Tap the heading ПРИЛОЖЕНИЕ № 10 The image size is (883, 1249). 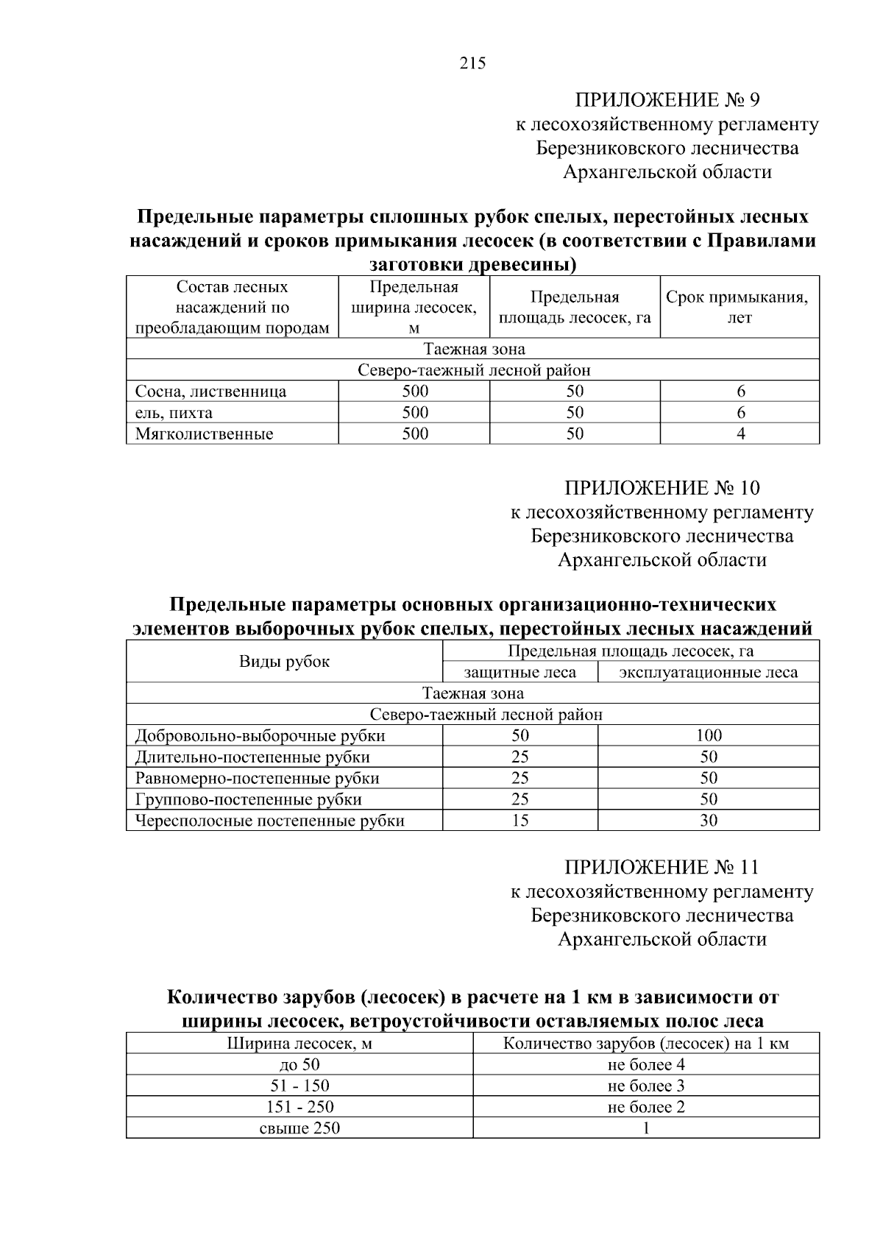662,488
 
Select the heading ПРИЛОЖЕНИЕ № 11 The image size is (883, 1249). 662,867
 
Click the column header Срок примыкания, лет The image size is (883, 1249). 740,307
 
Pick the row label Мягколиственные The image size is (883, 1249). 205,434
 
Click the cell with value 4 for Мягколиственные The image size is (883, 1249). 740,434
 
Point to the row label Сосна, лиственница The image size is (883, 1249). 211,392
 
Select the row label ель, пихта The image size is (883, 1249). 174,413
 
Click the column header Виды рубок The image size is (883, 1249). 284,661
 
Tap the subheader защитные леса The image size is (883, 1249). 519,672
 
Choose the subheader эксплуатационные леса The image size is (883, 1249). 708,672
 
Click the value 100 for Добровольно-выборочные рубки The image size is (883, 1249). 709,735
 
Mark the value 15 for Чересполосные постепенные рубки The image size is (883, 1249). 519,821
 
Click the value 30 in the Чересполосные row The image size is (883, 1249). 709,821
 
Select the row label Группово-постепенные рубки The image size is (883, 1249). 249,799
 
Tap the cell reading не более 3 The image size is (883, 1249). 646,1086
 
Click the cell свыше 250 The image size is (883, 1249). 299,1128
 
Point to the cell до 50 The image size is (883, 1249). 299,1064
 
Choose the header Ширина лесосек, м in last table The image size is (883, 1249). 299,1044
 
